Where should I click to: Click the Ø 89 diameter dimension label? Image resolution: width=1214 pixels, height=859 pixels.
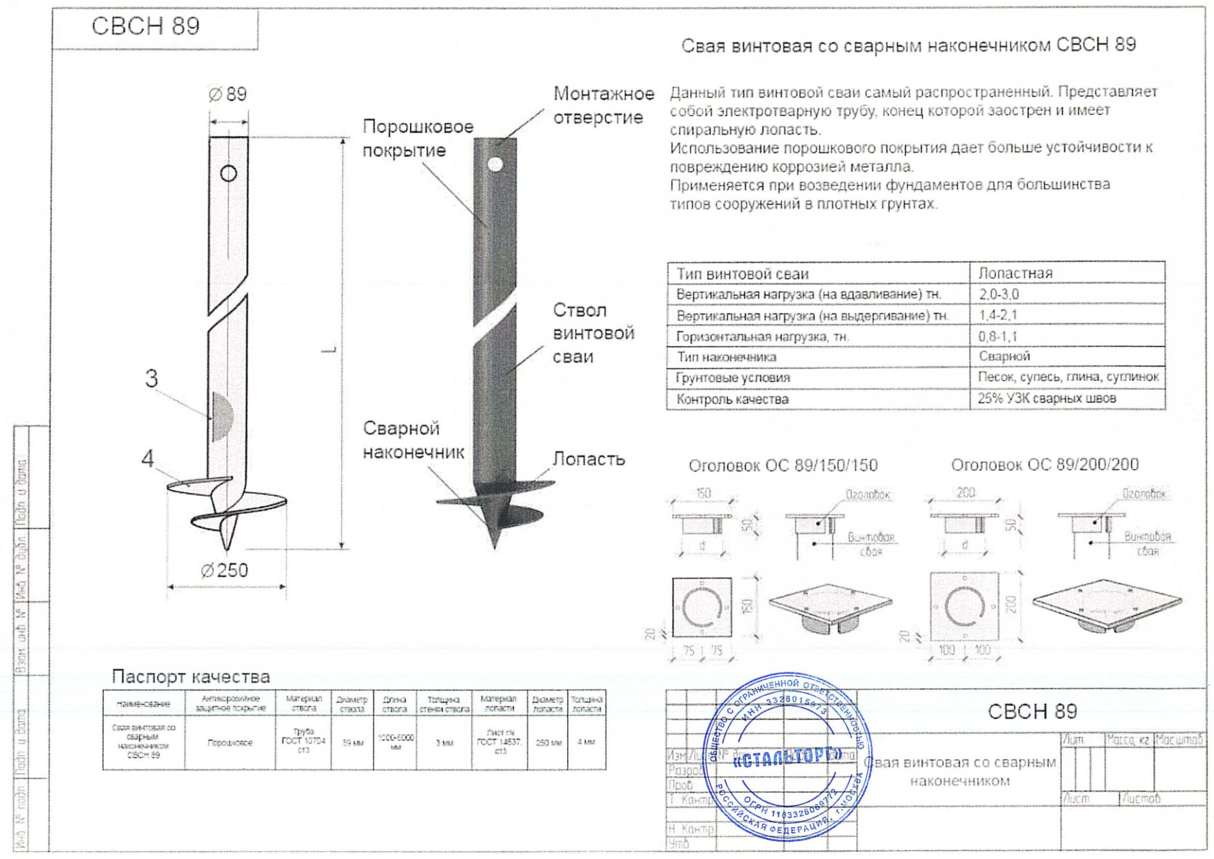coord(228,95)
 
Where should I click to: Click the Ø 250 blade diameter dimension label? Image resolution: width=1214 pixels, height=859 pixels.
coord(225,570)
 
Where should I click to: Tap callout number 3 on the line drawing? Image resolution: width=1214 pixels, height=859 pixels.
coord(151,378)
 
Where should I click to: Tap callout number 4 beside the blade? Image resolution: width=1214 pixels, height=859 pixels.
coord(148,459)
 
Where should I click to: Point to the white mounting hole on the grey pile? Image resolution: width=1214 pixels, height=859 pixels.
coord(495,164)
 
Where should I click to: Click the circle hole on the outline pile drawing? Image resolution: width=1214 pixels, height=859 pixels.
coord(229,173)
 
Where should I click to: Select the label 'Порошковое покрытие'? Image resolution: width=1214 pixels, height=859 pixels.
coord(417,138)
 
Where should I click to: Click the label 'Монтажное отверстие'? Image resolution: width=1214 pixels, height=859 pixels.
coord(603,106)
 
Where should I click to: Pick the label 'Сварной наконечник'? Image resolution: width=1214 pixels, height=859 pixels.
coord(412,440)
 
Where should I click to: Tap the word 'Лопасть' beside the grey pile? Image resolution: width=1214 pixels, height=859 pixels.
coord(588,459)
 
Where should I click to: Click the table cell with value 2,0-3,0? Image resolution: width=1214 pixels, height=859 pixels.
coord(998,294)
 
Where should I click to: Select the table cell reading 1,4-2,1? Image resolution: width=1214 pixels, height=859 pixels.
coord(998,315)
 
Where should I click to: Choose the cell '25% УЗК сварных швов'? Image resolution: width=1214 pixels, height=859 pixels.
coord(1046,398)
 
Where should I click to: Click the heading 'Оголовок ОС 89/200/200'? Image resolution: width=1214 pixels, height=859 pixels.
coord(1044,464)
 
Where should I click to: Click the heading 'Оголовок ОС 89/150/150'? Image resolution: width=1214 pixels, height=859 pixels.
coord(783,465)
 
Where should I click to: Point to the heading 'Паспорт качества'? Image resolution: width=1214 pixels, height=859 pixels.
coord(190,676)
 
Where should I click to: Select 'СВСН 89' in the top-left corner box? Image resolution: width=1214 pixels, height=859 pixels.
coord(146,26)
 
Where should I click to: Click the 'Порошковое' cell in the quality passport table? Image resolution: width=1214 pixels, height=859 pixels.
coord(230,743)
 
